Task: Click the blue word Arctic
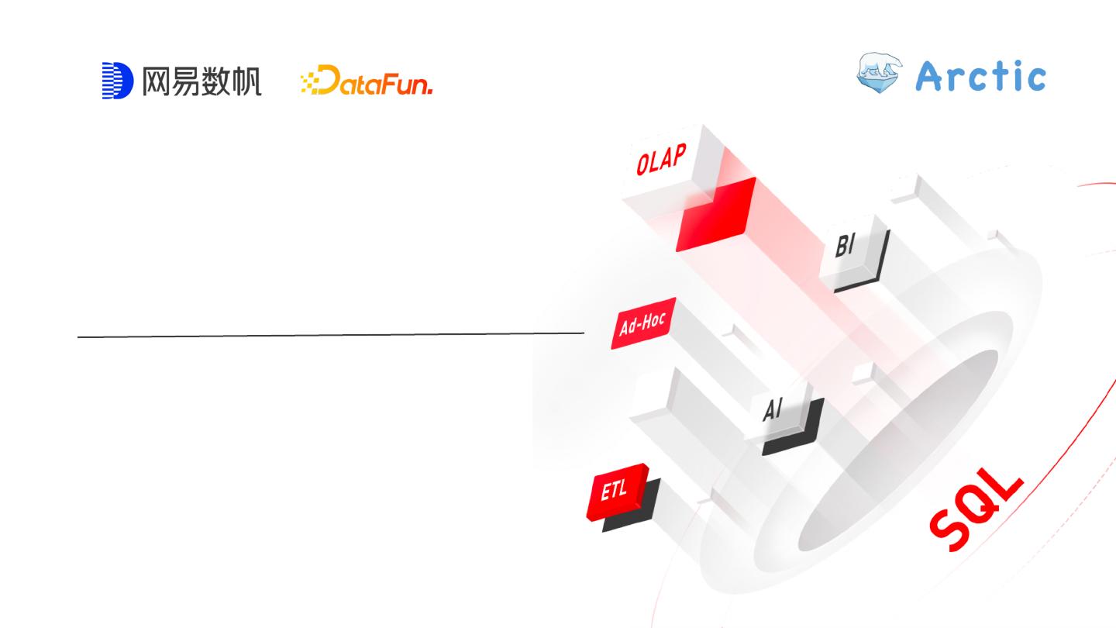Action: (x=981, y=76)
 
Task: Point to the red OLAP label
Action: (x=661, y=160)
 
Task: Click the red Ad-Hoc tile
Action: (x=642, y=323)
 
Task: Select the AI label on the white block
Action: (x=773, y=409)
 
